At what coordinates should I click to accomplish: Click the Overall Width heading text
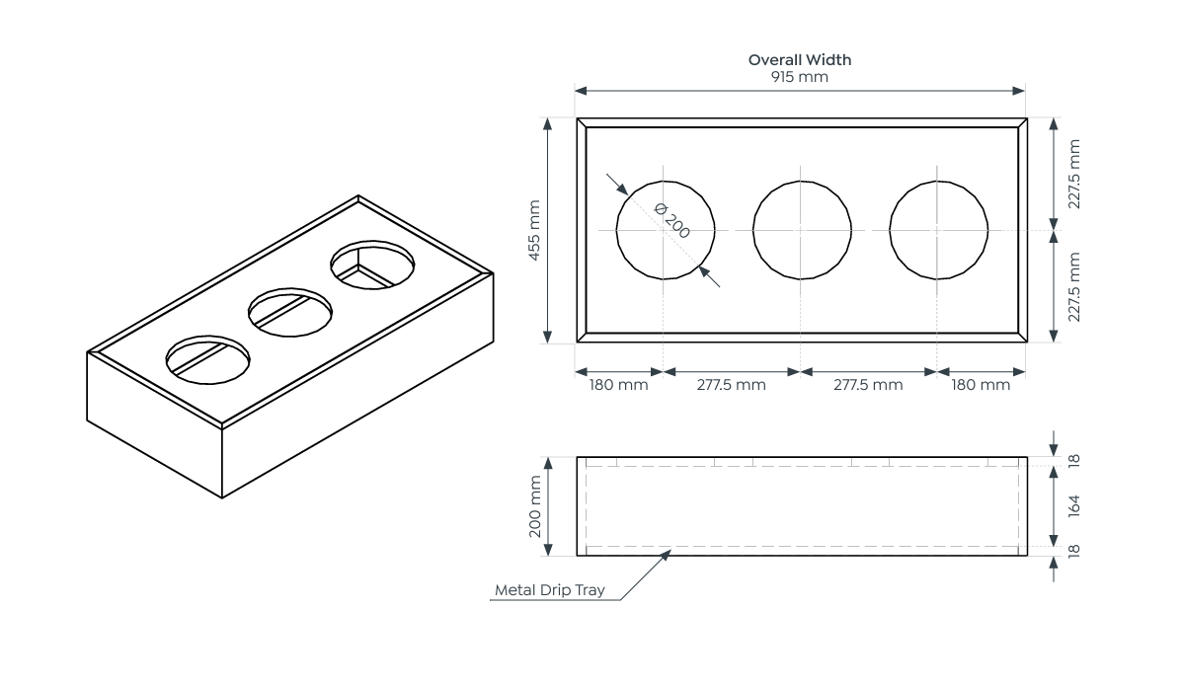pos(799,59)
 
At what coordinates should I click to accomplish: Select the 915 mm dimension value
pos(799,76)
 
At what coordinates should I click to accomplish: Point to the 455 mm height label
pos(534,230)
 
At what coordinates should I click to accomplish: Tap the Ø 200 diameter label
pos(672,221)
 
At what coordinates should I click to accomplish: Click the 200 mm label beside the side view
pos(534,506)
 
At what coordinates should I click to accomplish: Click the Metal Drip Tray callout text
pos(549,591)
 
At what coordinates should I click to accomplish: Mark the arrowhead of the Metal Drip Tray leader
pos(668,554)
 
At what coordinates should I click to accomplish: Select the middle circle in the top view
pos(801,230)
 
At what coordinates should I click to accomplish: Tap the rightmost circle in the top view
pos(938,230)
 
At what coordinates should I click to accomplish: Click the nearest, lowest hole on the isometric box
pos(208,356)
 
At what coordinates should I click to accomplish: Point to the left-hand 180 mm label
pos(618,385)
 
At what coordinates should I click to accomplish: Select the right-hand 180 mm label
pos(981,385)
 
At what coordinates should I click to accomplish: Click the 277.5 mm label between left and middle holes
pos(731,385)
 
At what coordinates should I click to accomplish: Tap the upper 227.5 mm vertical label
pos(1075,174)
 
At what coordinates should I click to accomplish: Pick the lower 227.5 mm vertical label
pos(1075,287)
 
